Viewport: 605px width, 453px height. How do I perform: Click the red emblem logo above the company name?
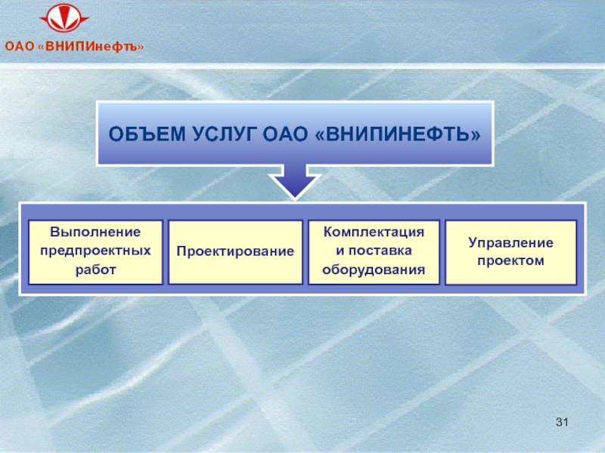(64, 18)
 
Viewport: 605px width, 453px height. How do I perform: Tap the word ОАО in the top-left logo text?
(20, 47)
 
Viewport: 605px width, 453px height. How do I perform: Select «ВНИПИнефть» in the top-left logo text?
(91, 47)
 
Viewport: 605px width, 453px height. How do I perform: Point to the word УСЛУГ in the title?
(225, 134)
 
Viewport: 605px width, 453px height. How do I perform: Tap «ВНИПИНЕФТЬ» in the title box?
(398, 134)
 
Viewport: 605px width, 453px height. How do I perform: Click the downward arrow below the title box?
(295, 181)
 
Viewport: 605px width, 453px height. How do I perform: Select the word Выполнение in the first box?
(95, 232)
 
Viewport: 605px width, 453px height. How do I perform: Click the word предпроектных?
(95, 251)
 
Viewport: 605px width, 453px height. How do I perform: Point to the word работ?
(95, 270)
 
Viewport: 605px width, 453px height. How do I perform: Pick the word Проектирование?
(235, 251)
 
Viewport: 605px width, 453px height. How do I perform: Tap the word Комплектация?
(374, 233)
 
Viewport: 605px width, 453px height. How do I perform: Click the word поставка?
(380, 251)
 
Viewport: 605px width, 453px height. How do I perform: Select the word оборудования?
(374, 270)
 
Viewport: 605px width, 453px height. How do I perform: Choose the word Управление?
(510, 242)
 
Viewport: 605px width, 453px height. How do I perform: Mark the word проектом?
(510, 260)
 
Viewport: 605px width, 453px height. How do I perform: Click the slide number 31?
(562, 422)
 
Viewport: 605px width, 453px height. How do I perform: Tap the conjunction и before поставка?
(340, 251)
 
